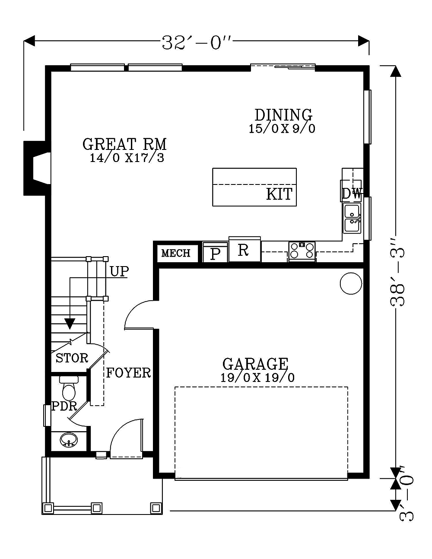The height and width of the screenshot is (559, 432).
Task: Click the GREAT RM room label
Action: point(124,144)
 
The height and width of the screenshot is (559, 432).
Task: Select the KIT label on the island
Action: point(279,194)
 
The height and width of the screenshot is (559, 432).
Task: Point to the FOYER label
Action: point(128,373)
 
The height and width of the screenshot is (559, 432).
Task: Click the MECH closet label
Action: point(176,253)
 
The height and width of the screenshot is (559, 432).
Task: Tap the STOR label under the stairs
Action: point(72,358)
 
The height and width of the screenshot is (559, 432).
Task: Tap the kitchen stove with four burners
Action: point(302,251)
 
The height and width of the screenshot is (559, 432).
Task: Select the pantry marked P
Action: point(215,253)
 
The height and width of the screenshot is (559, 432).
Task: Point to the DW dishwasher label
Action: point(352,194)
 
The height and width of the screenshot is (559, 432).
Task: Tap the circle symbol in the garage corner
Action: point(351,284)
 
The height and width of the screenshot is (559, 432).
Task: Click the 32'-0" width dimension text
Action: point(197,42)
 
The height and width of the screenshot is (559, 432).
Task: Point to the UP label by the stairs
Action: point(119,271)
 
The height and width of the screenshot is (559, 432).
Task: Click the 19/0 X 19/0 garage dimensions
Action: point(257,378)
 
